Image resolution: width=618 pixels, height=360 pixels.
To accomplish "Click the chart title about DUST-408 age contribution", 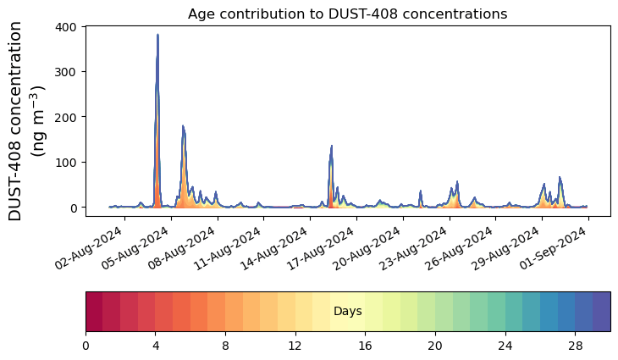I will [x=347, y=14].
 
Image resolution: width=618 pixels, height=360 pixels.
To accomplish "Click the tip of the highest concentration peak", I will [x=157, y=36].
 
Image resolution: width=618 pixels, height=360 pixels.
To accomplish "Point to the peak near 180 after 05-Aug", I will [x=183, y=126].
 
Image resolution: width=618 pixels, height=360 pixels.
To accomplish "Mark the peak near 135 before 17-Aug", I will [x=332, y=146].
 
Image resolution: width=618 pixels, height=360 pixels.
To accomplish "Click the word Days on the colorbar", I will [x=348, y=312].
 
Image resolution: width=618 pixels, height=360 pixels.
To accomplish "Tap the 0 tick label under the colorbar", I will [x=86, y=345].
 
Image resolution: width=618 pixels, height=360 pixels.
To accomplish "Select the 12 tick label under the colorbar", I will [x=295, y=345].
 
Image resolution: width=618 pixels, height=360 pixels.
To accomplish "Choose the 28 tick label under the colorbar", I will [x=575, y=345].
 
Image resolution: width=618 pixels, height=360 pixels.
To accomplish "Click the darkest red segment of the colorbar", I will [x=94, y=311].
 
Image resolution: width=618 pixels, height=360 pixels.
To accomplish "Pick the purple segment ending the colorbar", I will [x=601, y=311].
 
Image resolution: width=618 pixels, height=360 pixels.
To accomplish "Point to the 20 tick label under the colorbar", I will [x=435, y=345].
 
